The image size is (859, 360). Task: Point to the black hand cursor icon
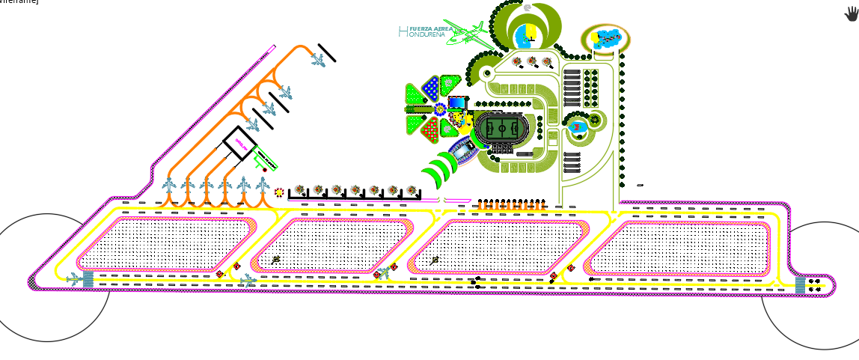tap(852, 13)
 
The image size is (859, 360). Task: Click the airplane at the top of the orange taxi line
tap(319, 60)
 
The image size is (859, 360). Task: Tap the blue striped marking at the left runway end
tap(88, 278)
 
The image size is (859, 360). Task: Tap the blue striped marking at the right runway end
tap(801, 285)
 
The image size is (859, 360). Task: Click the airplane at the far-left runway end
tap(74, 278)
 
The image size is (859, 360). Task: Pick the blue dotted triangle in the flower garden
tap(431, 88)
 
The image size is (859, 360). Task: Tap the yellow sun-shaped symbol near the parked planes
tap(278, 192)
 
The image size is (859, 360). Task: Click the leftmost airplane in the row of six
tap(169, 185)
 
